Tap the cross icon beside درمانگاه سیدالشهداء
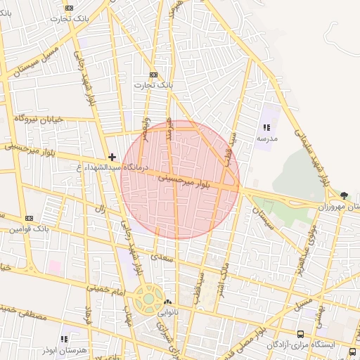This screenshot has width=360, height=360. [112, 156]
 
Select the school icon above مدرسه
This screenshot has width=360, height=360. [266, 127]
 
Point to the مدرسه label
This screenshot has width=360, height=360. [267, 139]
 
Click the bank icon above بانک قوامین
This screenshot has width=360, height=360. [29, 218]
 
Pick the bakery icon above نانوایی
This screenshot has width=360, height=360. [167, 302]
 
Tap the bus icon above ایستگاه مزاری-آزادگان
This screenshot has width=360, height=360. [301, 335]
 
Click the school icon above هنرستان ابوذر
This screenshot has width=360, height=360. [65, 338]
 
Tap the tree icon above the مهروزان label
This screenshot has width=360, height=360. [343, 195]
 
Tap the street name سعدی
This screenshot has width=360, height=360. [161, 259]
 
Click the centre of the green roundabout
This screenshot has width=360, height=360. [148, 298]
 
